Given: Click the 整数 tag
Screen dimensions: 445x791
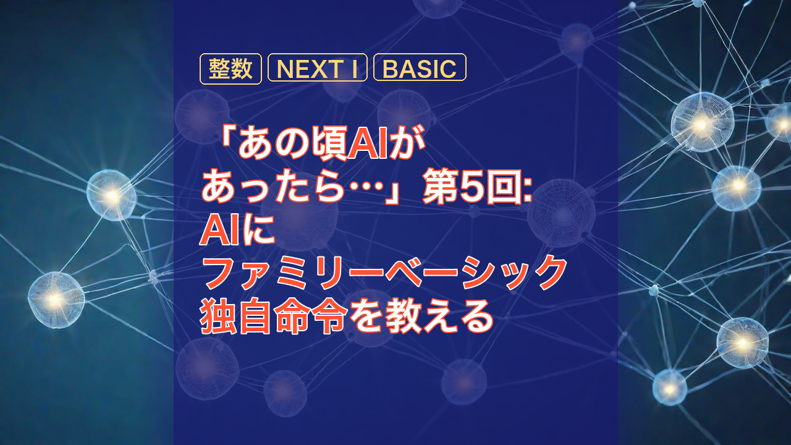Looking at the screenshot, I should (231, 69).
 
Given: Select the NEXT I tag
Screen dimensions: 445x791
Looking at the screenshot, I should (318, 69).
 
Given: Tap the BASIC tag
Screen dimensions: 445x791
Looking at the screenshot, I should (420, 69).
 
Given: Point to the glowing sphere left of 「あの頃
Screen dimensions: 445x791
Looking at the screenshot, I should (111, 196).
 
